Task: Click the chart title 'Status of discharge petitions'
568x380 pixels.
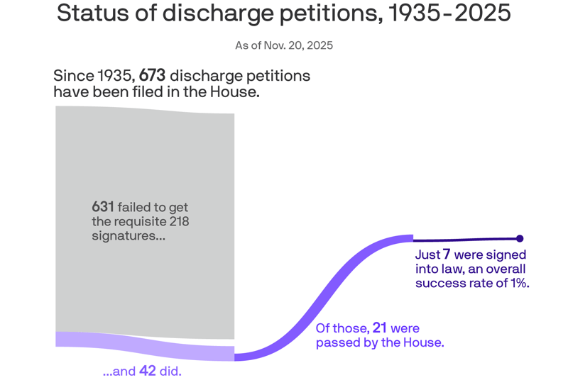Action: pos(283,13)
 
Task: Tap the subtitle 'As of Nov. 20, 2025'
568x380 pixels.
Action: pos(284,45)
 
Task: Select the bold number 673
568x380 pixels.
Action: pos(152,76)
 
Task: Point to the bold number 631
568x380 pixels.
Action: pos(103,207)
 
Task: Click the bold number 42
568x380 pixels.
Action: pos(148,371)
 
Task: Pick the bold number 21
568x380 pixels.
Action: pos(380,328)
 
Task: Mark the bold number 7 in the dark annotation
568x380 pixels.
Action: pos(447,254)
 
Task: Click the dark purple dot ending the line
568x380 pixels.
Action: pos(520,238)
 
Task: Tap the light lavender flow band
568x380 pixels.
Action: pos(145,345)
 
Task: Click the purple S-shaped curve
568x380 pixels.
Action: pos(327,298)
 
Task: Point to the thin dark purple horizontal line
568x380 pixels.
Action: pos(465,240)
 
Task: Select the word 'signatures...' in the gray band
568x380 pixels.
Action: pos(129,236)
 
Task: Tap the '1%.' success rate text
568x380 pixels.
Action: pos(518,284)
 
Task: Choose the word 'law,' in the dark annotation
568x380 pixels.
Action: pos(464,269)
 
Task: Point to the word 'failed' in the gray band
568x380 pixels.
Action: pos(134,207)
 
